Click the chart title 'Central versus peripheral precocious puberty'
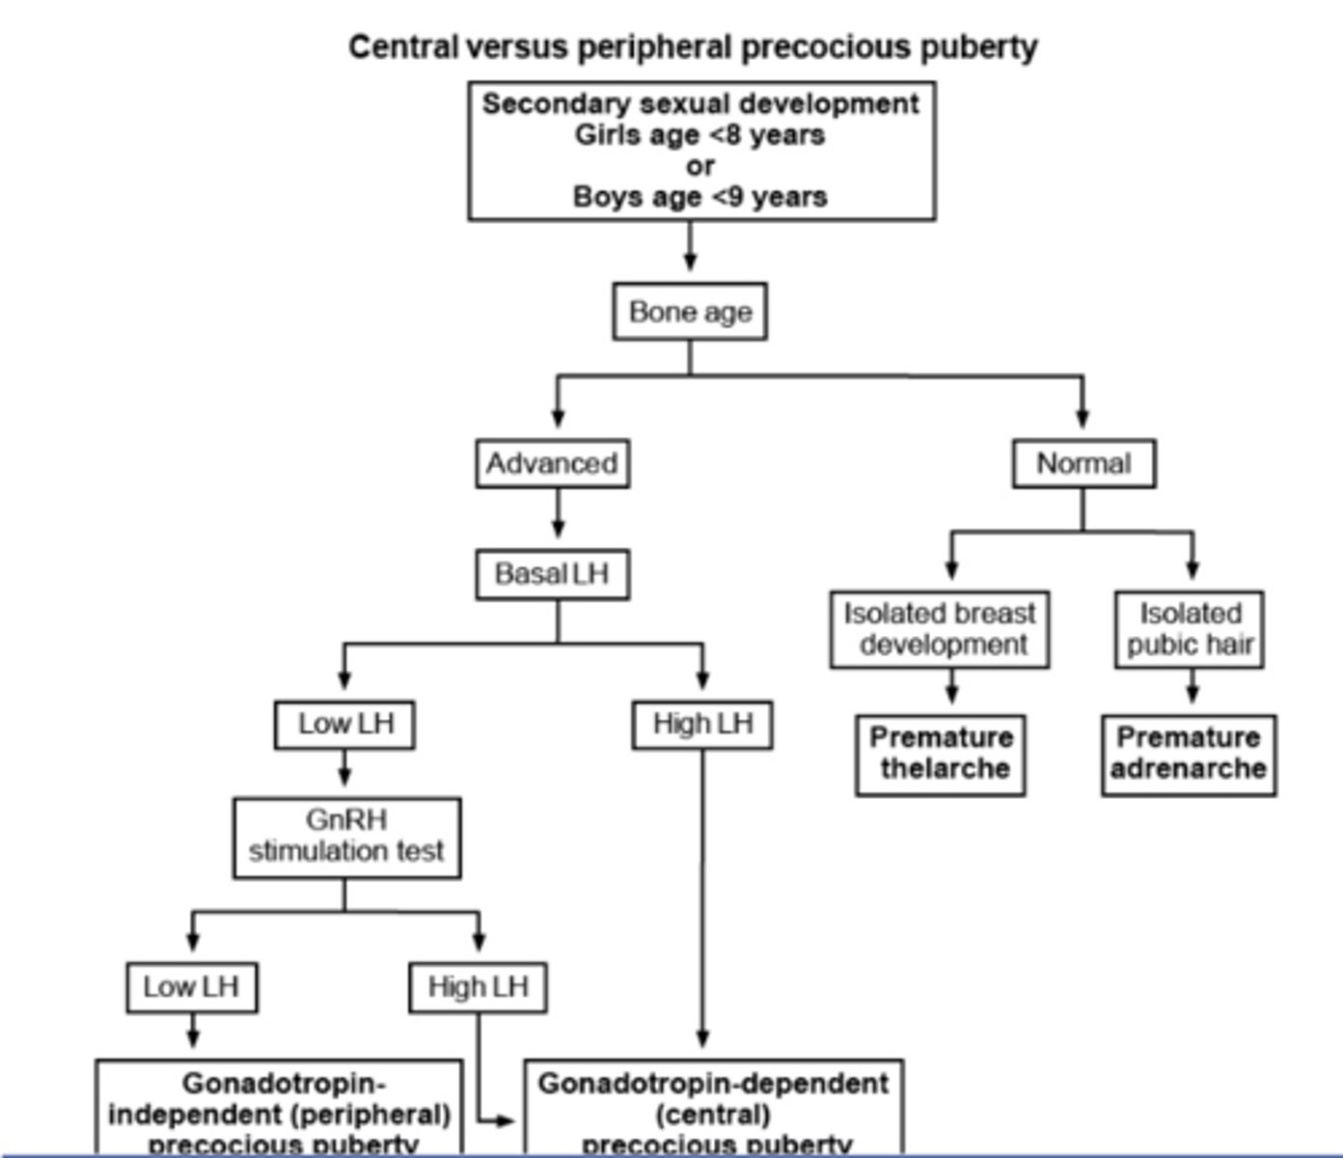[x=693, y=46]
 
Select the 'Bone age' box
[x=690, y=312]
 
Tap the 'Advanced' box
[x=552, y=464]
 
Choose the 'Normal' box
[x=1083, y=464]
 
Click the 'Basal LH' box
[x=552, y=574]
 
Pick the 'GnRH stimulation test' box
[x=346, y=837]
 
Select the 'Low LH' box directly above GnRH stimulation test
[x=344, y=724]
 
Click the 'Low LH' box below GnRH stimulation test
[x=191, y=987]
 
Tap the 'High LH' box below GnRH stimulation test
[x=478, y=987]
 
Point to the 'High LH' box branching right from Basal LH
[x=702, y=724]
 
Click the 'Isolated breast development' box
[x=940, y=629]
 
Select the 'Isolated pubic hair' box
[x=1190, y=629]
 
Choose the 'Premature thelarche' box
[x=941, y=754]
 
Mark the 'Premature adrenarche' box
[x=1189, y=754]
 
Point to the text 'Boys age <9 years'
[x=699, y=197]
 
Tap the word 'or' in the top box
[x=699, y=166]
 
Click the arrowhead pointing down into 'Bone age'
[x=690, y=262]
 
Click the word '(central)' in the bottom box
[x=713, y=1115]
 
